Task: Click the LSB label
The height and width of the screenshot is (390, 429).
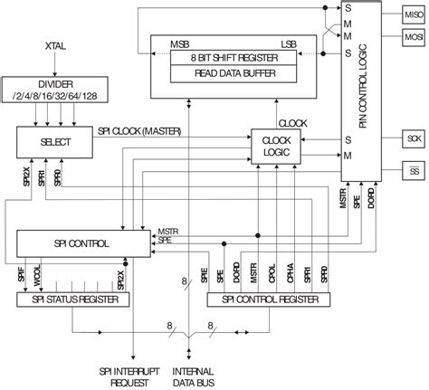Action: (x=288, y=43)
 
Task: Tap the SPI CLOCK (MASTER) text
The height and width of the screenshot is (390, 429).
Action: (x=139, y=132)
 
